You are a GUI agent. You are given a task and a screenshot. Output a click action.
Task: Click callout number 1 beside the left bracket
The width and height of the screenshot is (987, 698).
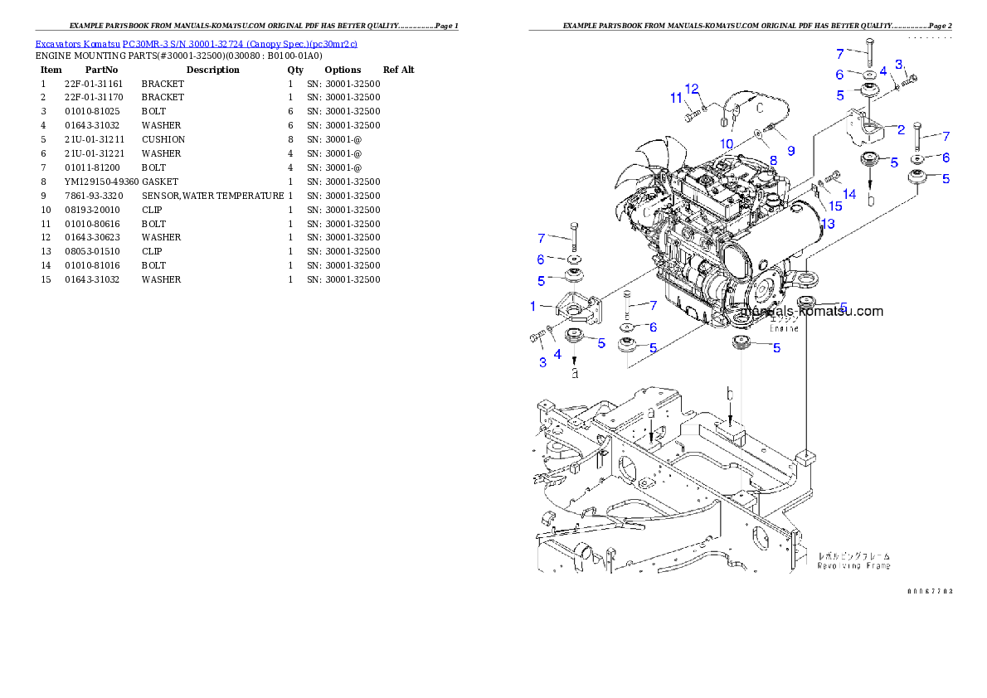[x=533, y=306]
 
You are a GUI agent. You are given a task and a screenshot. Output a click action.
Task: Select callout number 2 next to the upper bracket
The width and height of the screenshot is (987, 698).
[x=901, y=129]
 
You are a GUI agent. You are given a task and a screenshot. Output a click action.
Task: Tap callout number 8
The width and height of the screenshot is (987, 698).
[x=773, y=160]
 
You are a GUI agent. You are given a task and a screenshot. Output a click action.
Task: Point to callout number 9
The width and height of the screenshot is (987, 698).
[x=790, y=151]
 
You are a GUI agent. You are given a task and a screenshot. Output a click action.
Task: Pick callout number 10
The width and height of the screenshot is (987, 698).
[x=727, y=144]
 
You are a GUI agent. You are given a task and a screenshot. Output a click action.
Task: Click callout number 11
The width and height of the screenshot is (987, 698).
[x=676, y=99]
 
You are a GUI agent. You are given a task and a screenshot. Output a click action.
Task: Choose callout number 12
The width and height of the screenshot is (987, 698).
[x=692, y=89]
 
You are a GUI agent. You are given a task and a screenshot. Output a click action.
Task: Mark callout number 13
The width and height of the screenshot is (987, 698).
[x=827, y=224]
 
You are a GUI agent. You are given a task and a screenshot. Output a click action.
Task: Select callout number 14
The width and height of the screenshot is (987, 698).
[x=849, y=194]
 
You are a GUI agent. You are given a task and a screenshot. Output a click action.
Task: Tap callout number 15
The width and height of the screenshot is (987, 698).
[x=835, y=205]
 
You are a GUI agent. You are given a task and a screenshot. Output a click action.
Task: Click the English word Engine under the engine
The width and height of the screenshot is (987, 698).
[x=784, y=328]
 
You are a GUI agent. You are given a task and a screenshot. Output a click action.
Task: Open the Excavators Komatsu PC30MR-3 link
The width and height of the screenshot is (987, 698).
[x=196, y=44]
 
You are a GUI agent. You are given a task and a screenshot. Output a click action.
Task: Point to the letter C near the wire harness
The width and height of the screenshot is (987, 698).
[x=758, y=107]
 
